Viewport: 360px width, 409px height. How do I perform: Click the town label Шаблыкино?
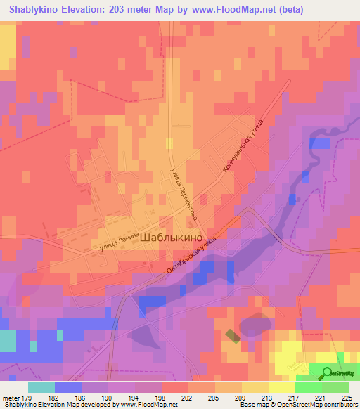coord(172,238)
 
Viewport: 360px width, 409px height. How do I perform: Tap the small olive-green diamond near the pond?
coord(231,336)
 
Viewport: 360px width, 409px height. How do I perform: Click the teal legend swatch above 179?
coord(41,387)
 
